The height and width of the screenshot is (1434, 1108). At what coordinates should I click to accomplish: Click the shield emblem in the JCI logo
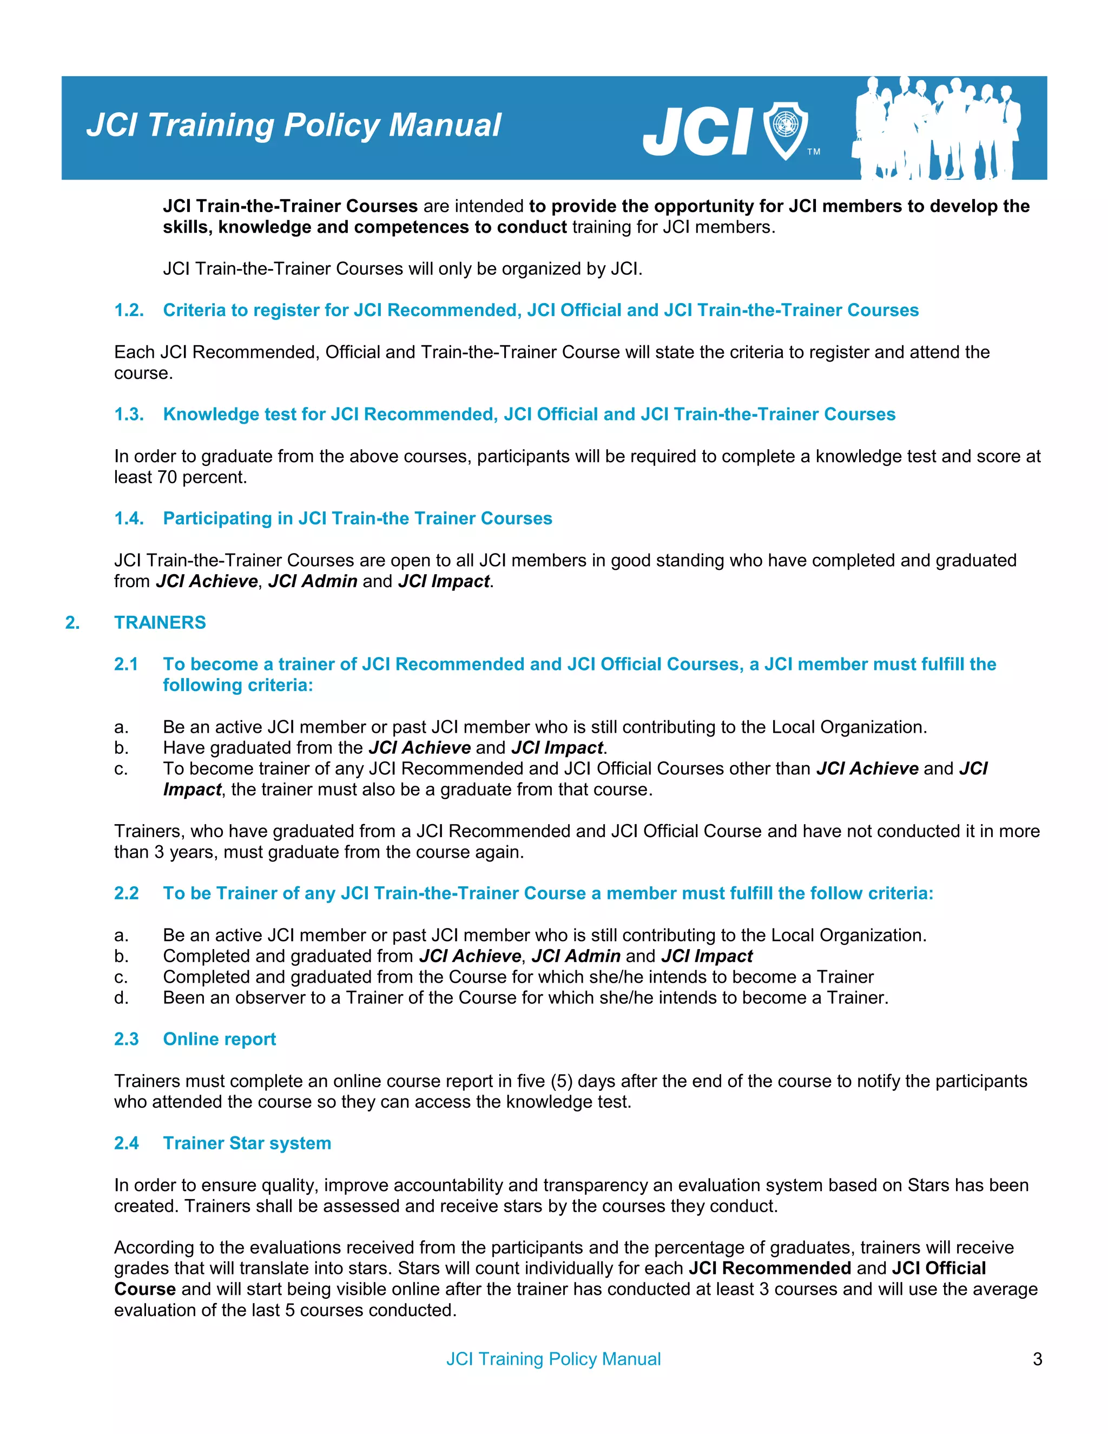click(x=785, y=130)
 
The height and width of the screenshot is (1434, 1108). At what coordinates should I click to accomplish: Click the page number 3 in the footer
click(x=1037, y=1358)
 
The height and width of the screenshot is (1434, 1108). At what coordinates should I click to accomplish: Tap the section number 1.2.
click(x=129, y=310)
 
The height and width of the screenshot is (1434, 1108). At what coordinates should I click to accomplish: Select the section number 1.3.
click(x=129, y=415)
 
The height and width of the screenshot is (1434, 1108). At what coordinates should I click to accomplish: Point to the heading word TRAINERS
click(x=160, y=622)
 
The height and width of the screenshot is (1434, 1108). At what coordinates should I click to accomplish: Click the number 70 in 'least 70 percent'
click(x=167, y=477)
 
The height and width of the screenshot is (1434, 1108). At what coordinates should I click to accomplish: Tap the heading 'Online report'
click(x=219, y=1039)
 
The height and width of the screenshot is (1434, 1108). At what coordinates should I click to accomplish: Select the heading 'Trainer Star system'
click(x=247, y=1143)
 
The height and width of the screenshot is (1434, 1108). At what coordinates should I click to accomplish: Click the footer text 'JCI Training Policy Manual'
click(x=553, y=1358)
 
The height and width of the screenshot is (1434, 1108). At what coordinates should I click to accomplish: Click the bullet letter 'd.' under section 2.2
click(x=121, y=998)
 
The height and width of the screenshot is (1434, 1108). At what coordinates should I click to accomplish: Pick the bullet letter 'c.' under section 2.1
click(x=121, y=769)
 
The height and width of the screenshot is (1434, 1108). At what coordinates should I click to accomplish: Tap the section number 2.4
click(x=126, y=1143)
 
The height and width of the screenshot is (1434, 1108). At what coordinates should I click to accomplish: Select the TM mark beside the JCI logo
click(x=813, y=152)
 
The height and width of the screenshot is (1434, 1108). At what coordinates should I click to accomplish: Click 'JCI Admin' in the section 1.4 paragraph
click(x=313, y=581)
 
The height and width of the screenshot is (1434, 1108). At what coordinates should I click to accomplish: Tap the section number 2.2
click(x=126, y=893)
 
